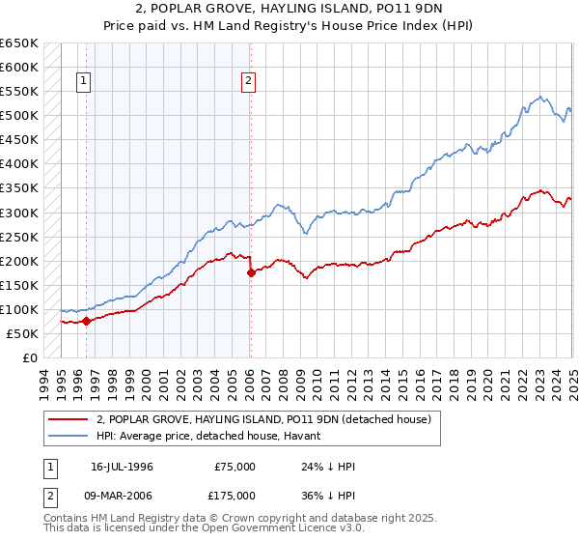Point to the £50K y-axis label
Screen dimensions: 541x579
pos(22,333)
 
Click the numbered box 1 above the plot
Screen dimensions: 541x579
pos(84,81)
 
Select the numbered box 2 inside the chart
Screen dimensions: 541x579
pos(249,81)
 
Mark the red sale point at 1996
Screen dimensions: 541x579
pos(86,321)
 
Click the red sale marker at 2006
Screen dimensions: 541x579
pos(251,272)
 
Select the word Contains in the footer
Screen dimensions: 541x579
pos(67,519)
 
